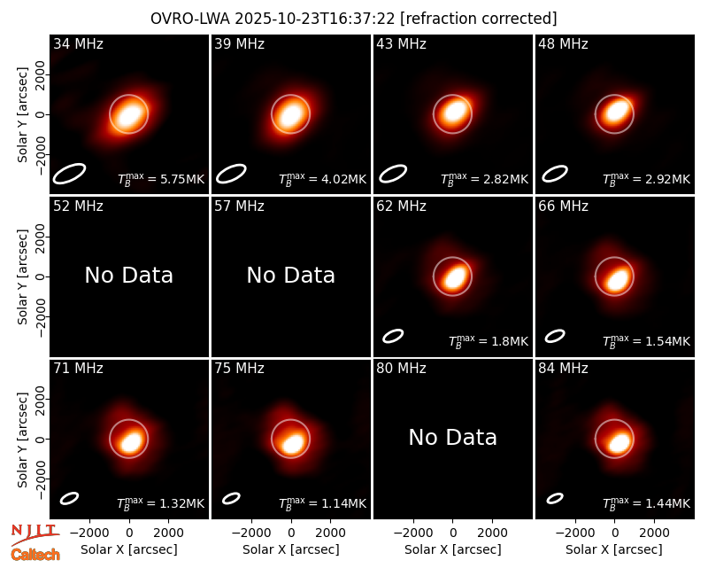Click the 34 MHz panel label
(78, 43)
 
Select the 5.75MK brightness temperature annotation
(161, 179)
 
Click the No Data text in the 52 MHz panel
(128, 275)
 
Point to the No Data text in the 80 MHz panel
(452, 437)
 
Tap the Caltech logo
(35, 555)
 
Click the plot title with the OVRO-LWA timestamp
(353, 19)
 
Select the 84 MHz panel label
(563, 369)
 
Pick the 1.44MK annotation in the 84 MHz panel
(646, 503)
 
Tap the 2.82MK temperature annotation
(484, 179)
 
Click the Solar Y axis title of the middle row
(22, 276)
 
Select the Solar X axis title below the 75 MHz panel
(291, 549)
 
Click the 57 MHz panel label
(239, 206)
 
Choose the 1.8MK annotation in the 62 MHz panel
(489, 341)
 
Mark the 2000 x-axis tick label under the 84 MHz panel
(654, 533)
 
